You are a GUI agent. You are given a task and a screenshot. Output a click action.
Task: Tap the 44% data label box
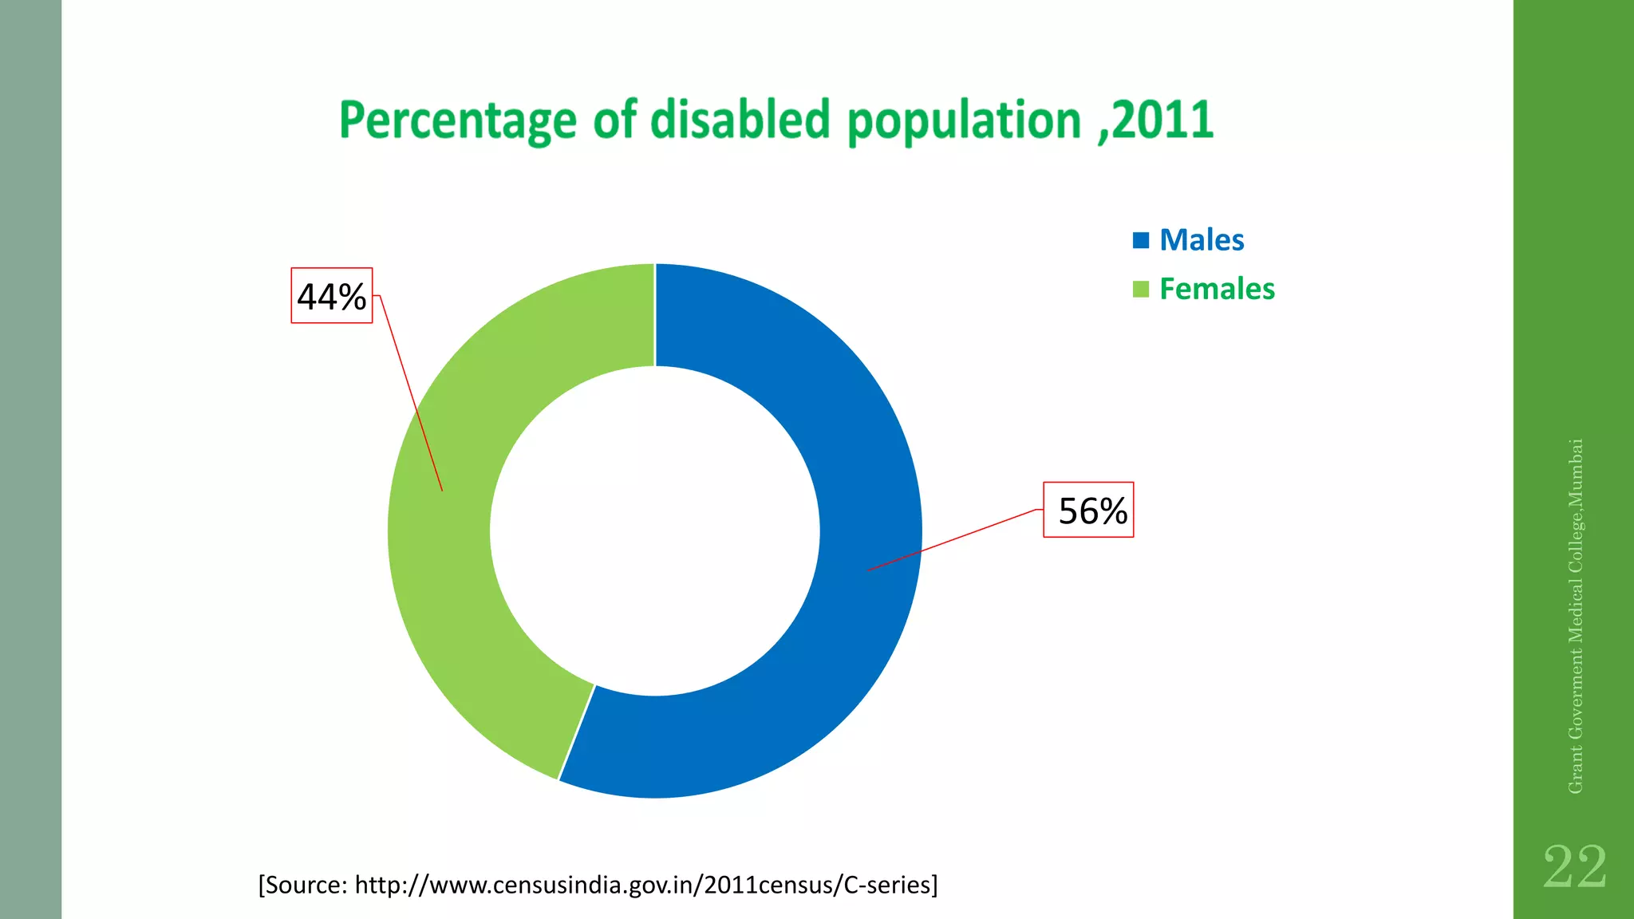coord(331,296)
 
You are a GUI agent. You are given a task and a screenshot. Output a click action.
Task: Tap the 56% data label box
coord(1089,511)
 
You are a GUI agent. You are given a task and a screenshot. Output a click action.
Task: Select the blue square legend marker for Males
coord(1141,240)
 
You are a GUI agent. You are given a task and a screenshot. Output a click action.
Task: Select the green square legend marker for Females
coord(1141,289)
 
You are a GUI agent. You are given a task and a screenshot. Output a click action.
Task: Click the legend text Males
coord(1202,240)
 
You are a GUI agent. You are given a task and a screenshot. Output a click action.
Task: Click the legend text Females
coord(1217,289)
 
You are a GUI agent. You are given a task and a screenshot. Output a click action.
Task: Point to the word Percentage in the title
coord(457,121)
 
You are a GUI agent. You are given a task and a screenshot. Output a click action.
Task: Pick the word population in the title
coord(964,121)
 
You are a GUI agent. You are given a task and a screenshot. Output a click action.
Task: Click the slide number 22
coord(1574,867)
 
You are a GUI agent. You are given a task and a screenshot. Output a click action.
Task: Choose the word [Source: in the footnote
coord(302,885)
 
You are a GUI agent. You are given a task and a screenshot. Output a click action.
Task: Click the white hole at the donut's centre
coord(654,530)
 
